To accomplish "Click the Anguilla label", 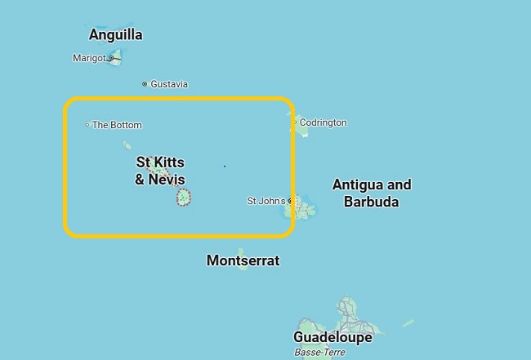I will click(115, 34).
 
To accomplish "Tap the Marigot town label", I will click(89, 58).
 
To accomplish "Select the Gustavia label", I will click(169, 84).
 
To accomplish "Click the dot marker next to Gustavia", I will click(145, 84).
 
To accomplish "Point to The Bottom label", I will click(117, 125).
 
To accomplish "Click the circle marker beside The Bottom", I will click(87, 125).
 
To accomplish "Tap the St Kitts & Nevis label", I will click(160, 171).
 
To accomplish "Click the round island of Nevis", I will click(185, 197).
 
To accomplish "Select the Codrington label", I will click(323, 122).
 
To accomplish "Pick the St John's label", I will click(266, 201).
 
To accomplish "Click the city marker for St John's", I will click(291, 201).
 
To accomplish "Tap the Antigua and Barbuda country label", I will click(372, 193).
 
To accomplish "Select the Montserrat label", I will click(243, 261).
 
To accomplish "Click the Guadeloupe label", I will click(332, 337).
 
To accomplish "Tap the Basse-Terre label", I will click(320, 352).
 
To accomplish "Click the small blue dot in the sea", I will click(225, 166).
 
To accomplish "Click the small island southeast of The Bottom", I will click(127, 146).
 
